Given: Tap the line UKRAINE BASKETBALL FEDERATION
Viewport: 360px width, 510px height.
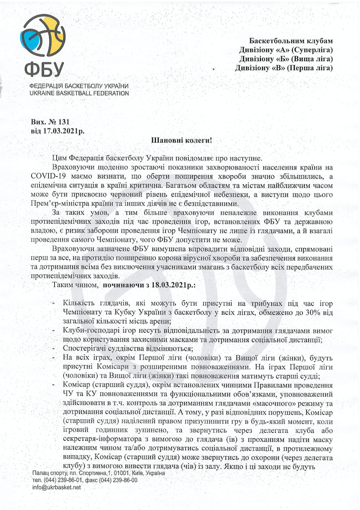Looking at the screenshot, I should coord(79,93).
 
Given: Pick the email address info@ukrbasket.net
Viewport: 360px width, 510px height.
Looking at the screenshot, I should coord(56,488).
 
